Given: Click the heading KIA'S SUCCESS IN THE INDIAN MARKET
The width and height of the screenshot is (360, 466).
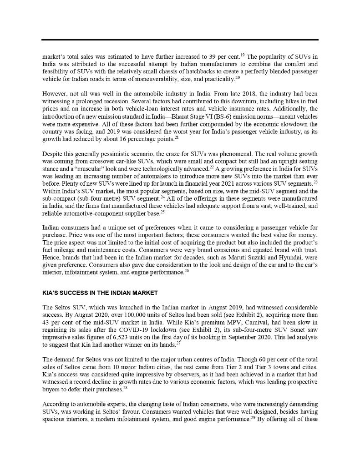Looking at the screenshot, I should (x=100, y=293).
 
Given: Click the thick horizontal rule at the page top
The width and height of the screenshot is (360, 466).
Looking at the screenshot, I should (x=180, y=40).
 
